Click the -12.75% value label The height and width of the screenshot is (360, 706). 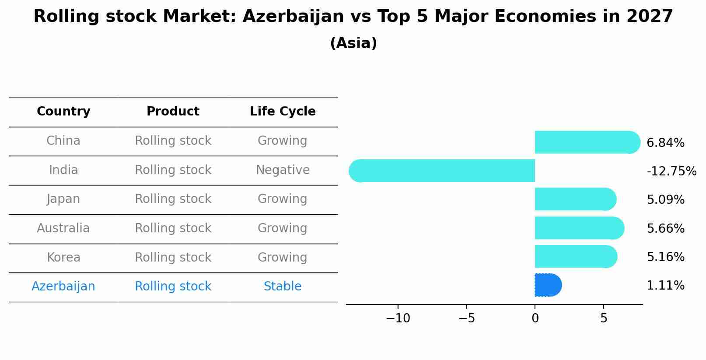click(671, 171)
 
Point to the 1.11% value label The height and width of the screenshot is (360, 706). click(665, 286)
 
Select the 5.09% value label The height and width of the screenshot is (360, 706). click(665, 200)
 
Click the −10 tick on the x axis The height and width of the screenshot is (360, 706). click(398, 318)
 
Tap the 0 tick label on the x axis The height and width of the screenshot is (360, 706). click(535, 318)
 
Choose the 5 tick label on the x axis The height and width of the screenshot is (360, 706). click(604, 318)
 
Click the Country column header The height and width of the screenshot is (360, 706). click(63, 112)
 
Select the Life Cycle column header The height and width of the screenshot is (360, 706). click(283, 112)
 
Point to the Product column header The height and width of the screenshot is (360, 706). click(173, 112)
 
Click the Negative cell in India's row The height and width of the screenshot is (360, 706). click(283, 170)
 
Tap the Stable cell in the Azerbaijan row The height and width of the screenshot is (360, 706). click(283, 287)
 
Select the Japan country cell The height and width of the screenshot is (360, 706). click(63, 199)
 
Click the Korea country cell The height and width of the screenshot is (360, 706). click(63, 258)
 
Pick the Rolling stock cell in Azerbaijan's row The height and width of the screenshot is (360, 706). click(173, 287)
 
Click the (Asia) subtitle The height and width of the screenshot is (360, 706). click(353, 43)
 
